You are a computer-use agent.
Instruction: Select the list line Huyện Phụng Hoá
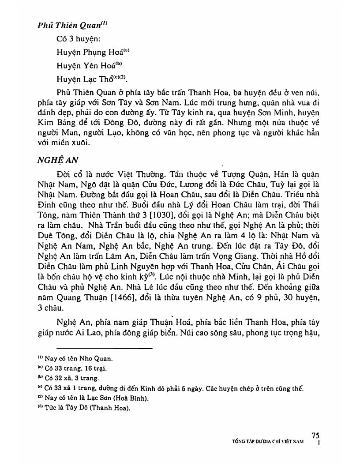[x=91, y=53]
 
